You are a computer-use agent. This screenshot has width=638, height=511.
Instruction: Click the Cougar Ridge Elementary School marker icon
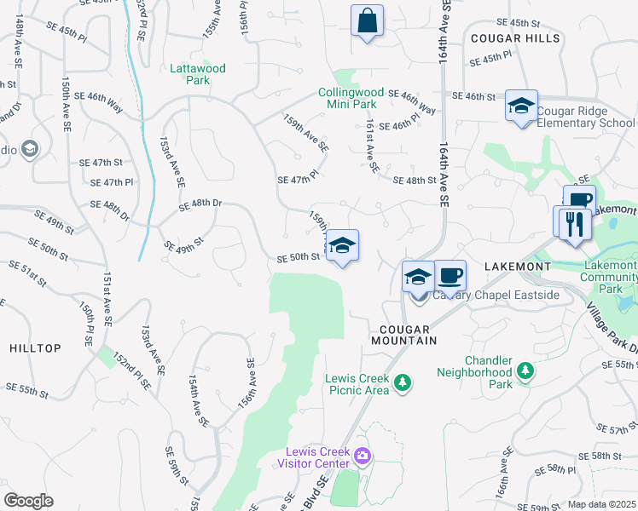click(521, 107)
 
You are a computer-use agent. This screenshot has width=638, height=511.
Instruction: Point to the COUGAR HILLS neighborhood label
click(514, 38)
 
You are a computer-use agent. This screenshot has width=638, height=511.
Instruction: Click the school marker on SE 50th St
click(342, 246)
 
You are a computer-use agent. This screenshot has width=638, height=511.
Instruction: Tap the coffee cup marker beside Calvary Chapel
click(449, 276)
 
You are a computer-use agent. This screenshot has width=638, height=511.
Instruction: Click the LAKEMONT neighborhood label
click(517, 267)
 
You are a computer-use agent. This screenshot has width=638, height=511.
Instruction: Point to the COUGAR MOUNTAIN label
click(403, 334)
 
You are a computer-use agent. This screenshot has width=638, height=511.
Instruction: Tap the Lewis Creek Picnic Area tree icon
click(403, 384)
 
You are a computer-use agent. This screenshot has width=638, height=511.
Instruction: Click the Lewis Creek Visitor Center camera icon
click(362, 456)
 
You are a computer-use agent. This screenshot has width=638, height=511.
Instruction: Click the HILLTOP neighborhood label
click(35, 348)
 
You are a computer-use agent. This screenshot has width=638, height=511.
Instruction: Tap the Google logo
click(28, 501)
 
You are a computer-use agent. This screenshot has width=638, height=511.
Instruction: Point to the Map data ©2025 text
click(602, 504)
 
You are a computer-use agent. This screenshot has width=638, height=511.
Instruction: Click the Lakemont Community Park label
click(609, 277)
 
